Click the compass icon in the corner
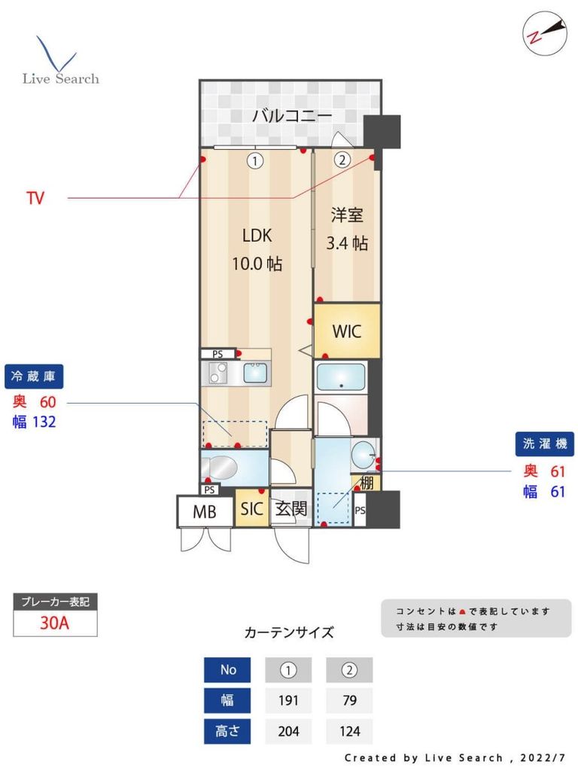pyautogui.click(x=544, y=32)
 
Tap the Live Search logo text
pyautogui.click(x=60, y=78)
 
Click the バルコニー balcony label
pyautogui.click(x=292, y=116)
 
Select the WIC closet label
pyautogui.click(x=347, y=331)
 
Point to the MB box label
pyautogui.click(x=204, y=512)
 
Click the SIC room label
pyautogui.click(x=251, y=509)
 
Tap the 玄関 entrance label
pyautogui.click(x=291, y=509)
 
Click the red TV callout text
pyautogui.click(x=35, y=199)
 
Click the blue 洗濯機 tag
pyautogui.click(x=544, y=444)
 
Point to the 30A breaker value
pyautogui.click(x=55, y=623)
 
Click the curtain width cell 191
pyautogui.click(x=289, y=700)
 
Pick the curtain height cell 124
pyautogui.click(x=349, y=730)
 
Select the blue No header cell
pyautogui.click(x=227, y=670)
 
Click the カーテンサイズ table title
pyautogui.click(x=289, y=632)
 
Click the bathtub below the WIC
pyautogui.click(x=341, y=376)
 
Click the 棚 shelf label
pyautogui.click(x=367, y=483)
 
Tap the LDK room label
pyautogui.click(x=257, y=235)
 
